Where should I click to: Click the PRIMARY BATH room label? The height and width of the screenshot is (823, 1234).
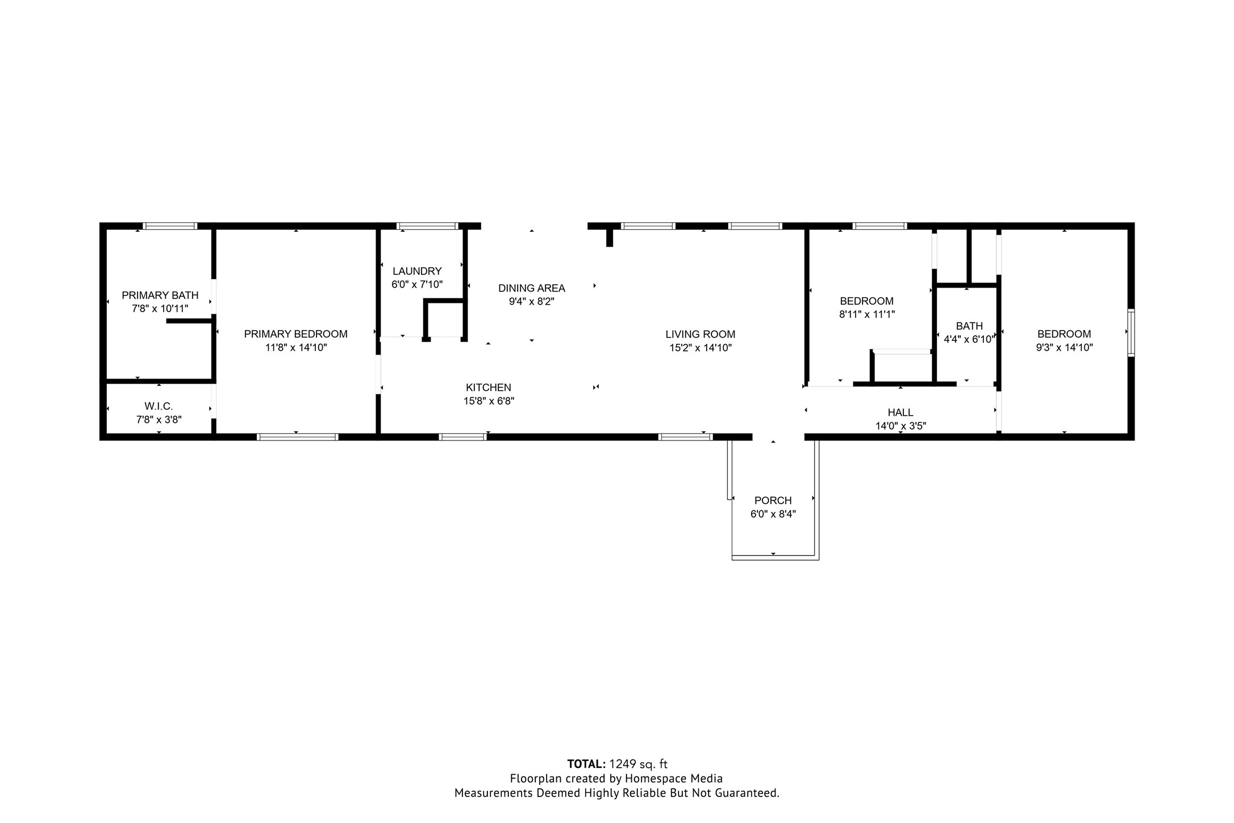[x=160, y=295]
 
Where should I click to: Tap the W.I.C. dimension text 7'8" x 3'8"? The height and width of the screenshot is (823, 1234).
[x=159, y=420]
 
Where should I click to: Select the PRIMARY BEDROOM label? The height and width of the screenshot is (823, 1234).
[x=295, y=334]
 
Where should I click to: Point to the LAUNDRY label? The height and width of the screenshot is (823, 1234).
[x=416, y=271]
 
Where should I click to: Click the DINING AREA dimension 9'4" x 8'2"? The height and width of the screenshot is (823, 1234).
[x=531, y=302]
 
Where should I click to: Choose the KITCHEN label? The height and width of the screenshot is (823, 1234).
[x=488, y=388]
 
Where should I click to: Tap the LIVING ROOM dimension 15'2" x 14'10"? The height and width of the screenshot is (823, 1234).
[x=700, y=348]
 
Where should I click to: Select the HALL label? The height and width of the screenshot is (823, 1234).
[x=900, y=413]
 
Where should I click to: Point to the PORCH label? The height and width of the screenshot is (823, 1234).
[x=773, y=501]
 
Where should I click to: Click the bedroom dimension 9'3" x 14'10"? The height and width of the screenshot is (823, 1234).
[x=1064, y=348]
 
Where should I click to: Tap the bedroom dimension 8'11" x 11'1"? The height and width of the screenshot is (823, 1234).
[x=866, y=314]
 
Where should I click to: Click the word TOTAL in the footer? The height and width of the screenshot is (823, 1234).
[x=586, y=764]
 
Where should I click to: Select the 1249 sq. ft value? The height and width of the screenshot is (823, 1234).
[x=638, y=764]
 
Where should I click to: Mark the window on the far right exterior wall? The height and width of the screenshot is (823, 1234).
[x=1131, y=332]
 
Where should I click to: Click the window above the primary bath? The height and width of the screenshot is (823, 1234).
[x=170, y=226]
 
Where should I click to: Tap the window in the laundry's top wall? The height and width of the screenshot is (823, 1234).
[x=427, y=226]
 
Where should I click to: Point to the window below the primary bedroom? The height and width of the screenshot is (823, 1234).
[x=297, y=437]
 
